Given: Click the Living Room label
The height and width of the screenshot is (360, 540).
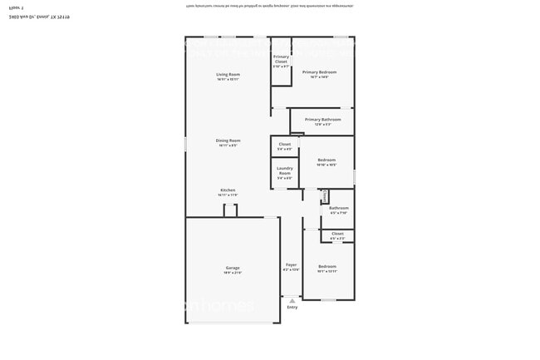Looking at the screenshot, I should tap(228, 75).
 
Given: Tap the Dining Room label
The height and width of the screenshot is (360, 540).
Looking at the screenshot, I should tap(228, 141).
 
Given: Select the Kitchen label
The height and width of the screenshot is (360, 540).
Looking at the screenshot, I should tap(228, 190).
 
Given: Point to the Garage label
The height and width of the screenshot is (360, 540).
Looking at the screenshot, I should tap(232, 268).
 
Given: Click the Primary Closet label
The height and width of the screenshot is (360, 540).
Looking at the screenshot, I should tap(281, 59).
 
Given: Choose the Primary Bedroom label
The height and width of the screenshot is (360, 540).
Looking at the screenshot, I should tap(319, 72).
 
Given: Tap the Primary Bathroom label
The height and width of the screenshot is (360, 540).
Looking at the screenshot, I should tap(322, 120).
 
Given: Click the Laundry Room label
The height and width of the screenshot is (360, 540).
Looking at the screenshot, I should tap(284, 172).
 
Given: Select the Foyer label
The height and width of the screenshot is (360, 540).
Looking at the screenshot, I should tap(291, 264).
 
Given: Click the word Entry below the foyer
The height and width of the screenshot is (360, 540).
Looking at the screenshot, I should tap(292, 308).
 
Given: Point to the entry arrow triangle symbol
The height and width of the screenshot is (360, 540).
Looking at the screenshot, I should tap(292, 299).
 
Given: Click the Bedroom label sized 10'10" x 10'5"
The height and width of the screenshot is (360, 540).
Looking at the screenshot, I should tap(326, 160).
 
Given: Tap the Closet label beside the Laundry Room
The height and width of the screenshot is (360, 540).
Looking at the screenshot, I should tap(284, 145).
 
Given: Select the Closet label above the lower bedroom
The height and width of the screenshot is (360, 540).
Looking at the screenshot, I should tap(337, 234).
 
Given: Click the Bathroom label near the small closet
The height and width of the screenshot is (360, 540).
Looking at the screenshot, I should tap(338, 208).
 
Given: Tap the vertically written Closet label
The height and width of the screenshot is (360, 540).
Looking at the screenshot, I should tap(324, 196).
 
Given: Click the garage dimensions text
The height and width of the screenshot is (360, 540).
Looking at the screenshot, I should tap(232, 273).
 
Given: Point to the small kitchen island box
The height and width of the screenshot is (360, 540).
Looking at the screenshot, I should tap(230, 210).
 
